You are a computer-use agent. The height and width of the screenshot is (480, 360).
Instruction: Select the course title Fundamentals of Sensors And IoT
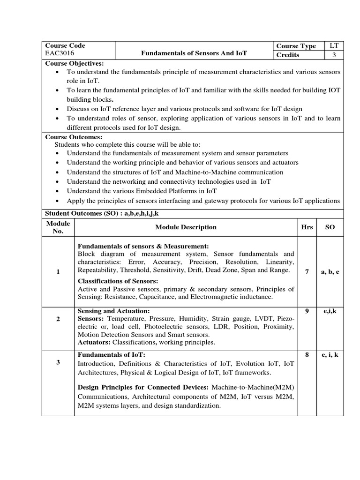194,53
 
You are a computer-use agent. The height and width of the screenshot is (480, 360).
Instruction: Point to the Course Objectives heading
74,63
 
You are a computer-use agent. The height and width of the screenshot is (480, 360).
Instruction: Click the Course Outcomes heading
73,137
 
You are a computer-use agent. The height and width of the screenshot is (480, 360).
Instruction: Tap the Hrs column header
307,227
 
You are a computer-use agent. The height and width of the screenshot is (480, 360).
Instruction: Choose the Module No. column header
58,227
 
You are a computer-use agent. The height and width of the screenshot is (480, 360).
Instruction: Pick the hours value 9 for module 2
307,310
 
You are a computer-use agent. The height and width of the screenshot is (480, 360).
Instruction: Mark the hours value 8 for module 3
307,355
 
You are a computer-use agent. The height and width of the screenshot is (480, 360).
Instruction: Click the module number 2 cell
58,319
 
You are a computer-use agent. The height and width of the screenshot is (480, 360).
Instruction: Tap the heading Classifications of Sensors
118,280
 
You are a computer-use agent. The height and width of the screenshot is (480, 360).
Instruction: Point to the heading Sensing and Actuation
113,311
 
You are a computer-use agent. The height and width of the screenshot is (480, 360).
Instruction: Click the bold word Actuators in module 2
94,342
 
